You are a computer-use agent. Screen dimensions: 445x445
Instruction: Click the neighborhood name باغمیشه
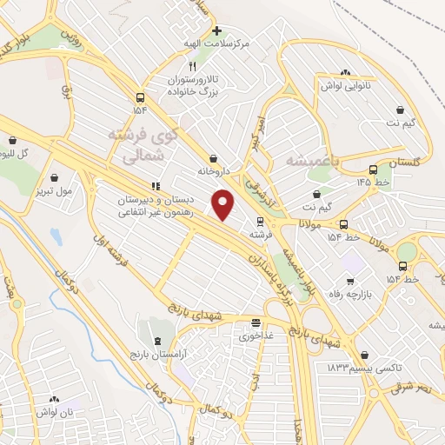point(304,161)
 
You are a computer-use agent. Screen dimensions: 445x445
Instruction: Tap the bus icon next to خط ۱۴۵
point(373,170)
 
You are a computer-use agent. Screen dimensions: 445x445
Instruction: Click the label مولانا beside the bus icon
point(311,224)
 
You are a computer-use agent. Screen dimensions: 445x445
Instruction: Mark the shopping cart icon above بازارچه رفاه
point(349,280)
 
